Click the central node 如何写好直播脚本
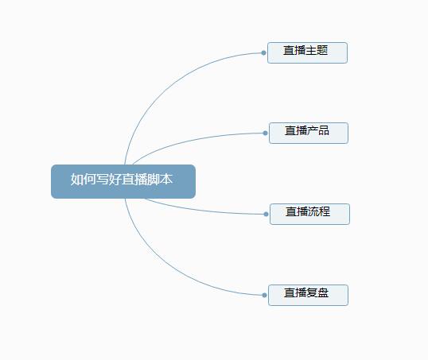coord(123,181)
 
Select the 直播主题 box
coord(307,52)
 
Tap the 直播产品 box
coord(309,133)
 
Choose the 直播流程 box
coord(309,214)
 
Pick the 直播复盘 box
coord(308,295)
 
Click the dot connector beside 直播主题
coord(263,52)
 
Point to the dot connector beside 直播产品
coord(265,133)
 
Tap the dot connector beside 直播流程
coord(267,214)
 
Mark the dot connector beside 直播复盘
coord(264,295)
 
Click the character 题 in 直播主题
coord(322,50)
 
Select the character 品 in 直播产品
coord(324,130)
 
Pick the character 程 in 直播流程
coord(325,211)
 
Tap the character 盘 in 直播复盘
coord(323,292)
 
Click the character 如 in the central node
coord(76,179)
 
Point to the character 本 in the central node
coord(166,179)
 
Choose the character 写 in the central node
coord(102,179)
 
